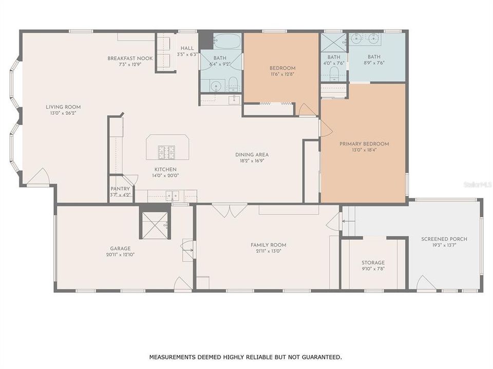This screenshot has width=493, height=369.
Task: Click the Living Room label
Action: (x=63, y=107)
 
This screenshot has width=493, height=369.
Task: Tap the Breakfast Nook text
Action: (x=130, y=58)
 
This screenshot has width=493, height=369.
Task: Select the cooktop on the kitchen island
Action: (x=166, y=152)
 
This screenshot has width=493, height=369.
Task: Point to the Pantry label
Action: (x=120, y=189)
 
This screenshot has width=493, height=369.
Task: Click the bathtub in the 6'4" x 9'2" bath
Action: (x=225, y=41)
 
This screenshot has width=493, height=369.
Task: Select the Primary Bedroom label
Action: (x=364, y=144)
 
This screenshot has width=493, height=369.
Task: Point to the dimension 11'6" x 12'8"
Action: (x=282, y=75)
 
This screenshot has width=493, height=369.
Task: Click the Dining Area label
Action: (x=252, y=155)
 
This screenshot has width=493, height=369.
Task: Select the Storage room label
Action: (x=373, y=262)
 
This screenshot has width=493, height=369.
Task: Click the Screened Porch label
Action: (x=444, y=239)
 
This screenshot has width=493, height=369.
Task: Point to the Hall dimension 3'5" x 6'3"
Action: (x=187, y=54)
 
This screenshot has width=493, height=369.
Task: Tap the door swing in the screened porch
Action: (x=426, y=283)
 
